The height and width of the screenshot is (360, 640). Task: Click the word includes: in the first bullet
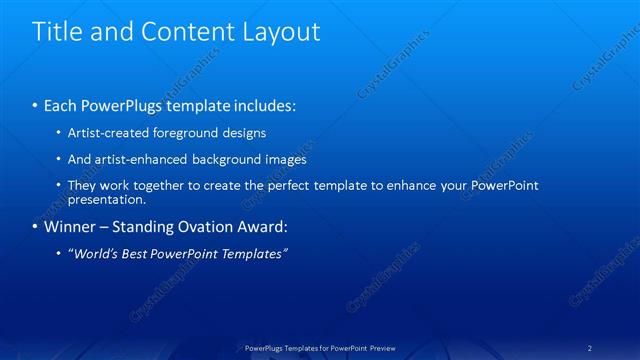click(263, 105)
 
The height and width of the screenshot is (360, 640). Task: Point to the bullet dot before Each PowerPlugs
click(36, 105)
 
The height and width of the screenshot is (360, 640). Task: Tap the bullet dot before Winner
click(36, 226)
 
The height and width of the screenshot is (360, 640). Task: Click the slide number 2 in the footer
click(590, 348)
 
